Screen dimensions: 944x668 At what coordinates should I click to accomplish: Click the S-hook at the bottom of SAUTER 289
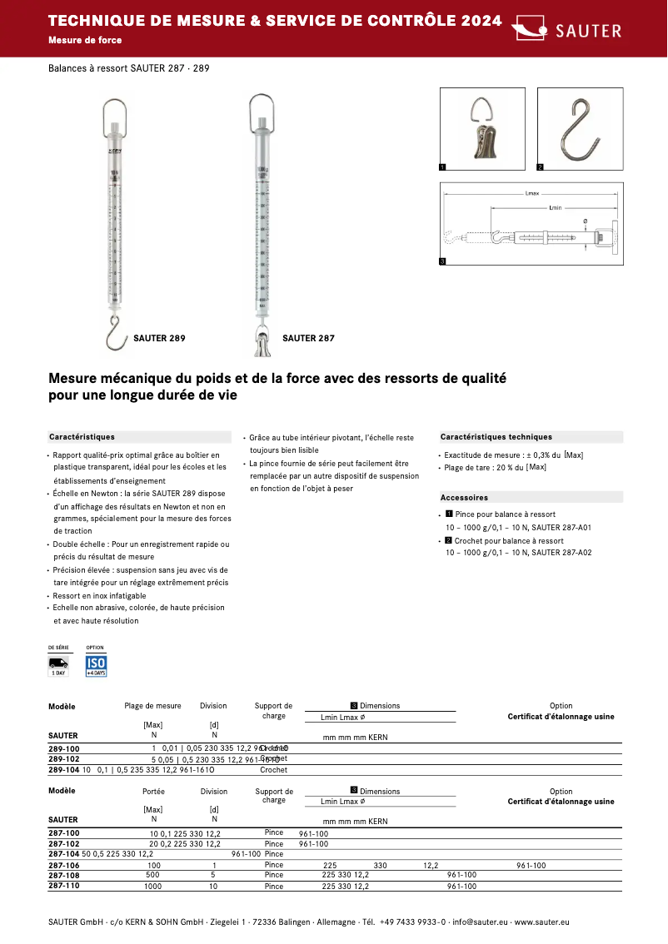point(115,330)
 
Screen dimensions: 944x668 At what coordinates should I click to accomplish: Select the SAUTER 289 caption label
point(159,339)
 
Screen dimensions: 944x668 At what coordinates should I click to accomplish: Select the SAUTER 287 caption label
point(308,339)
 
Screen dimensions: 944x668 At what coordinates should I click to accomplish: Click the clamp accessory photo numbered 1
point(482,129)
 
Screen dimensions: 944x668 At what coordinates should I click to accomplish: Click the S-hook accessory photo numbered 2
point(581,129)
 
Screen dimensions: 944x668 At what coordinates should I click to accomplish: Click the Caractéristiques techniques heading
point(496,437)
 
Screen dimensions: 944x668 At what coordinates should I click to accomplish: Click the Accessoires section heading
point(464,497)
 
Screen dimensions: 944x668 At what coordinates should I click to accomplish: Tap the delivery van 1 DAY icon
point(58,665)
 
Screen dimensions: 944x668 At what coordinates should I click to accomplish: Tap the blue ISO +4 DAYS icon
point(96,665)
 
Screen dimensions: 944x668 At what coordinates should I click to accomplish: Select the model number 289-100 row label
point(64,748)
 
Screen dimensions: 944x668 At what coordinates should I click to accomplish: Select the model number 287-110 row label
point(64,887)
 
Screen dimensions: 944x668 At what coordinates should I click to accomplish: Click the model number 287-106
point(64,866)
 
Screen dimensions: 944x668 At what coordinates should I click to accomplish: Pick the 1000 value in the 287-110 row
point(154,887)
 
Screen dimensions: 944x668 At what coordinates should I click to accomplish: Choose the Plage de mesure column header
point(152,706)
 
